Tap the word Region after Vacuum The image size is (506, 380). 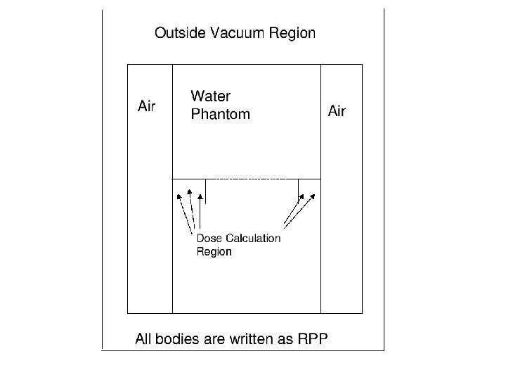[x=291, y=33]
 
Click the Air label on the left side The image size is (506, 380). [x=146, y=107]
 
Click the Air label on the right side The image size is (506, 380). [x=337, y=111]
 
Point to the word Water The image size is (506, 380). [x=211, y=96]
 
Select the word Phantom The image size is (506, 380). [x=220, y=114]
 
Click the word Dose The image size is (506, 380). [x=209, y=238]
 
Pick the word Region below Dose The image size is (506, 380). [x=214, y=251]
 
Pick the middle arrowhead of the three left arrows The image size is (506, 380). [x=189, y=191]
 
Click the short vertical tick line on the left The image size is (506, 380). [x=205, y=191]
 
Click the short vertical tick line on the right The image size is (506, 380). [x=299, y=186]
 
